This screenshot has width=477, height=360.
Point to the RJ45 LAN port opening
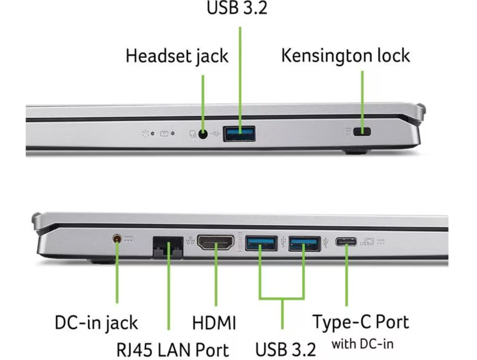click(x=167, y=246)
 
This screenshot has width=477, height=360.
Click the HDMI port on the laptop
click(x=215, y=243)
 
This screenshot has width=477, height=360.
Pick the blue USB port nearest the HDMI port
click(x=261, y=243)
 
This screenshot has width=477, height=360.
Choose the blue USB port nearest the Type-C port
click(x=304, y=243)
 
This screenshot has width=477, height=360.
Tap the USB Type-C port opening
click(x=346, y=242)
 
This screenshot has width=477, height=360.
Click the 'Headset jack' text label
click(x=177, y=56)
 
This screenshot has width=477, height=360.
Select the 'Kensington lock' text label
click(x=345, y=56)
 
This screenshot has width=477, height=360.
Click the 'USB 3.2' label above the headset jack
click(x=237, y=8)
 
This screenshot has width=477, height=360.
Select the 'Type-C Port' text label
click(x=361, y=322)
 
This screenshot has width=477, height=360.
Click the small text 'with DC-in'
click(x=362, y=344)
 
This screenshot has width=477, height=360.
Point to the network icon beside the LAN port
click(x=189, y=241)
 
